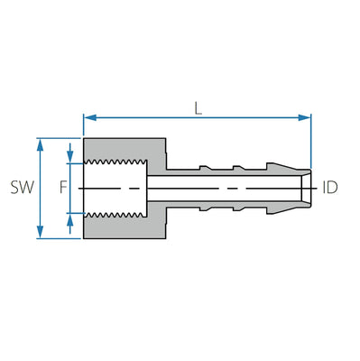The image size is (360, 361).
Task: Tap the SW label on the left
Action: [21, 188]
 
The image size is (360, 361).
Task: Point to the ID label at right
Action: [330, 188]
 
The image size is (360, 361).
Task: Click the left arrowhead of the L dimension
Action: [88, 116]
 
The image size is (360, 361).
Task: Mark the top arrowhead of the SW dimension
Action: [40, 143]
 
